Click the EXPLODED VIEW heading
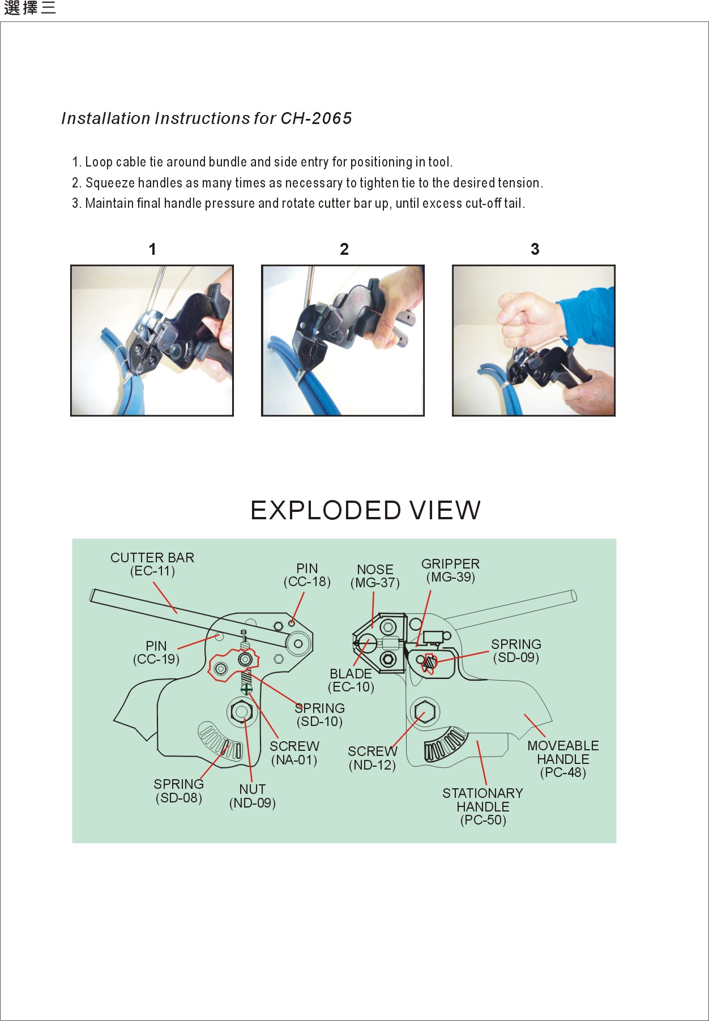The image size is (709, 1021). [365, 510]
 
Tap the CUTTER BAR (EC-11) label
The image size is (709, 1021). [152, 565]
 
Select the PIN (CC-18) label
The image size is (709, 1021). [307, 575]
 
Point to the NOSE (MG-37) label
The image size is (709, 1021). [375, 576]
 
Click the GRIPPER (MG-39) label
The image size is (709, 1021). [450, 570]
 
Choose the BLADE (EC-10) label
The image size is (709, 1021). [351, 680]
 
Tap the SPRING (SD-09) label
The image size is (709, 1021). [516, 651]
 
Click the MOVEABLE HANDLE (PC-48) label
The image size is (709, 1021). [563, 759]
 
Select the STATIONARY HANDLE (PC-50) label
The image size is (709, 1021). [482, 806]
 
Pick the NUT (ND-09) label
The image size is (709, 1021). [252, 796]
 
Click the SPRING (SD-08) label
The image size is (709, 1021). [178, 791]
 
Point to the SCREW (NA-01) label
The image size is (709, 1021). [294, 753]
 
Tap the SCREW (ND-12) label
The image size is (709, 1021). [372, 758]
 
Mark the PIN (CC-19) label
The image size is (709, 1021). [156, 652]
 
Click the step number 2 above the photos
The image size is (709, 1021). [344, 249]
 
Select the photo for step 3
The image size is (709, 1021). [533, 340]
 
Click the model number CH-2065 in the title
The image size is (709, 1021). [316, 118]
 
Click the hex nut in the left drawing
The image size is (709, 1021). [241, 711]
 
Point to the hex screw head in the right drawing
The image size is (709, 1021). [424, 711]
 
